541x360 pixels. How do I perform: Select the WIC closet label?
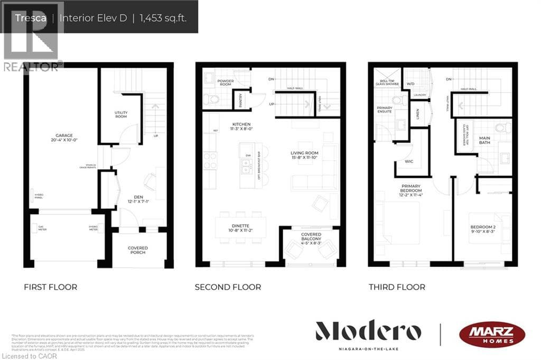coord(408,161)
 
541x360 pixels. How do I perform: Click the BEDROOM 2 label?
coord(483,229)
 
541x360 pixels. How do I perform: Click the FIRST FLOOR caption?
coord(50,287)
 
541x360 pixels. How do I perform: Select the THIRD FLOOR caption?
coord(397,287)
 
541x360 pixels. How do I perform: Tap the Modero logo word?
coord(368,332)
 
